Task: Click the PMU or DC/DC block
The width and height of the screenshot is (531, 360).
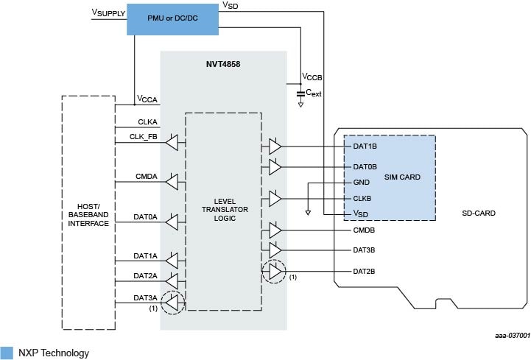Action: click(173, 18)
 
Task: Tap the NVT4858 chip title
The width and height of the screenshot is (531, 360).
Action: click(223, 64)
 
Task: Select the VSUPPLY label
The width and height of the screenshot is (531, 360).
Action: click(107, 13)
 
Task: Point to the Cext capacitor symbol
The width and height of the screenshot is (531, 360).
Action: click(300, 93)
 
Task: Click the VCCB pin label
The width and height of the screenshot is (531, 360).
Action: click(312, 77)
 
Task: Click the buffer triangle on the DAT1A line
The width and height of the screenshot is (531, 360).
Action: click(172, 260)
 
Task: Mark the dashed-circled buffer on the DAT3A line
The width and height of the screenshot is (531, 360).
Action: click(172, 301)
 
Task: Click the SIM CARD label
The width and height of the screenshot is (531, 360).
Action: click(402, 177)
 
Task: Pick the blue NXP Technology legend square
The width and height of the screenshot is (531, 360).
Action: click(7, 353)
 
